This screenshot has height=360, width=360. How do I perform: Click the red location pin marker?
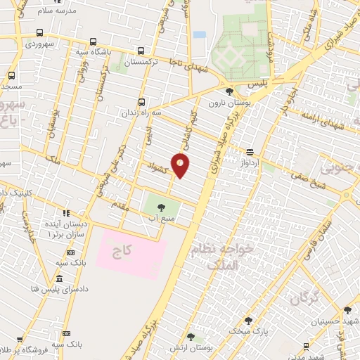[181, 165]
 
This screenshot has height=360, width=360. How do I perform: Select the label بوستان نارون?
[224, 103]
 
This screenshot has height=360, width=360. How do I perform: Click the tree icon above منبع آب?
[162, 207]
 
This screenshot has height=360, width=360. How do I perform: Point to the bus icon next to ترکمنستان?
[141, 51]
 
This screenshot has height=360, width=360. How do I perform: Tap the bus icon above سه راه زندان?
[142, 101]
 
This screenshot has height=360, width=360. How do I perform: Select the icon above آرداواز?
[250, 152]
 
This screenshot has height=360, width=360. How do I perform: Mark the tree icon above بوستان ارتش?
[190, 338]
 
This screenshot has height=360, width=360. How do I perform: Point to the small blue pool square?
[200, 34]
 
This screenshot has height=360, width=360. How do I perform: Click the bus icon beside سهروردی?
[39, 33]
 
